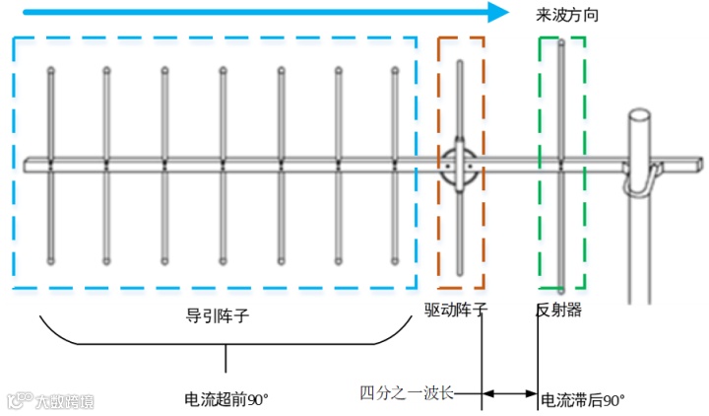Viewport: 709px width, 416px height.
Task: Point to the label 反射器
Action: tap(558, 310)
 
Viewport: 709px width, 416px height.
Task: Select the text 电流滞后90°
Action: tap(583, 399)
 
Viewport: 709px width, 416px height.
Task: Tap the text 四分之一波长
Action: tap(407, 393)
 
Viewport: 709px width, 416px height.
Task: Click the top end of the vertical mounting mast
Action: tap(641, 117)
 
